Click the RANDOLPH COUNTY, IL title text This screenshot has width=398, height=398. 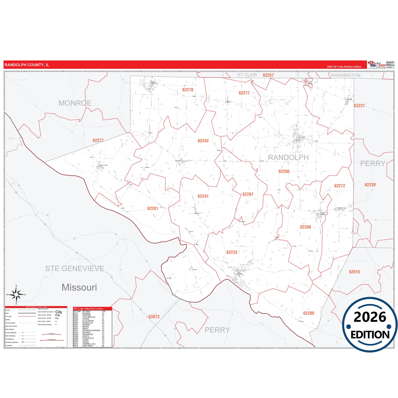pyautogui.click(x=27, y=65)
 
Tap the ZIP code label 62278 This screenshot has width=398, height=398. pyautogui.click(x=188, y=90)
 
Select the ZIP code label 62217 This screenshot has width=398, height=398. pyautogui.click(x=244, y=93)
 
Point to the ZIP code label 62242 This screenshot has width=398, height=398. pyautogui.click(x=203, y=141)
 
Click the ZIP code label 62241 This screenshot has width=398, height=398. pyautogui.click(x=203, y=196)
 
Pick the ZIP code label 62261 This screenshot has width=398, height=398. pyautogui.click(x=153, y=209)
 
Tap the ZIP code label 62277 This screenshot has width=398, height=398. pyautogui.click(x=98, y=140)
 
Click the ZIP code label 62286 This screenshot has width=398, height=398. pyautogui.click(x=284, y=171)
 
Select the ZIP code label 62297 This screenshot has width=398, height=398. pyautogui.click(x=248, y=194)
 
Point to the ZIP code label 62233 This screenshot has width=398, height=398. pyautogui.click(x=232, y=252)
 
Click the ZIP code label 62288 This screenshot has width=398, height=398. pyautogui.click(x=305, y=227)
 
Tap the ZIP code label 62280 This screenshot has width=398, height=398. pyautogui.click(x=308, y=313)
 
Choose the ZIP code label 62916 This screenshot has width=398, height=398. pyautogui.click(x=354, y=272)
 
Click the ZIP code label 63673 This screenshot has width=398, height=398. pyautogui.click(x=154, y=317)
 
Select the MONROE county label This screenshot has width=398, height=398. pyautogui.click(x=75, y=103)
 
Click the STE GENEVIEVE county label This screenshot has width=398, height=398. pyautogui.click(x=75, y=269)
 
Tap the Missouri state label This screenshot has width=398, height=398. pyautogui.click(x=79, y=287)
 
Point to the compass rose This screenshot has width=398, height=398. pyautogui.click(x=16, y=295)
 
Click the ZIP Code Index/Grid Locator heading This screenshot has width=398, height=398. pyautogui.click(x=88, y=308)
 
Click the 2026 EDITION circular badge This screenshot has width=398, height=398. pyautogui.click(x=370, y=324)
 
